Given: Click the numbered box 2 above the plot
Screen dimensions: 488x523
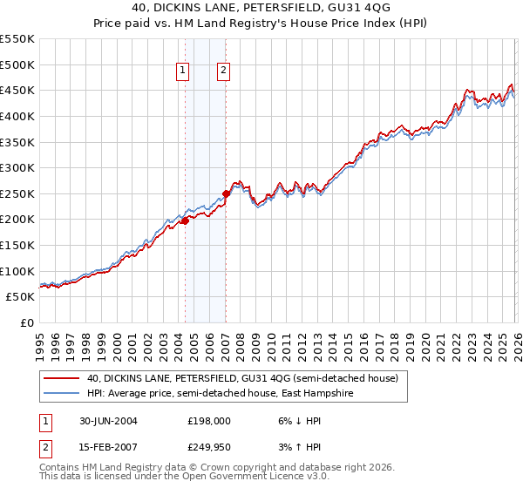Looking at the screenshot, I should tap(223, 71).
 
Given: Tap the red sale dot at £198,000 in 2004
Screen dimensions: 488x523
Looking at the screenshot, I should tap(185, 220).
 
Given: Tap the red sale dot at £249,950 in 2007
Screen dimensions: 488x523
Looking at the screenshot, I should tap(226, 193).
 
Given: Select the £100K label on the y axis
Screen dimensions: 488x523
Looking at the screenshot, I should tap(17, 271).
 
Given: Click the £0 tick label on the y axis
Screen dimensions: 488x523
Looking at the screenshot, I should tap(26, 322).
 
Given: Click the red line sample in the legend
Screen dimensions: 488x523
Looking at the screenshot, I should tap(63, 378).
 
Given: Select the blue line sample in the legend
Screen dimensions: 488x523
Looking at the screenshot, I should tap(63, 394).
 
